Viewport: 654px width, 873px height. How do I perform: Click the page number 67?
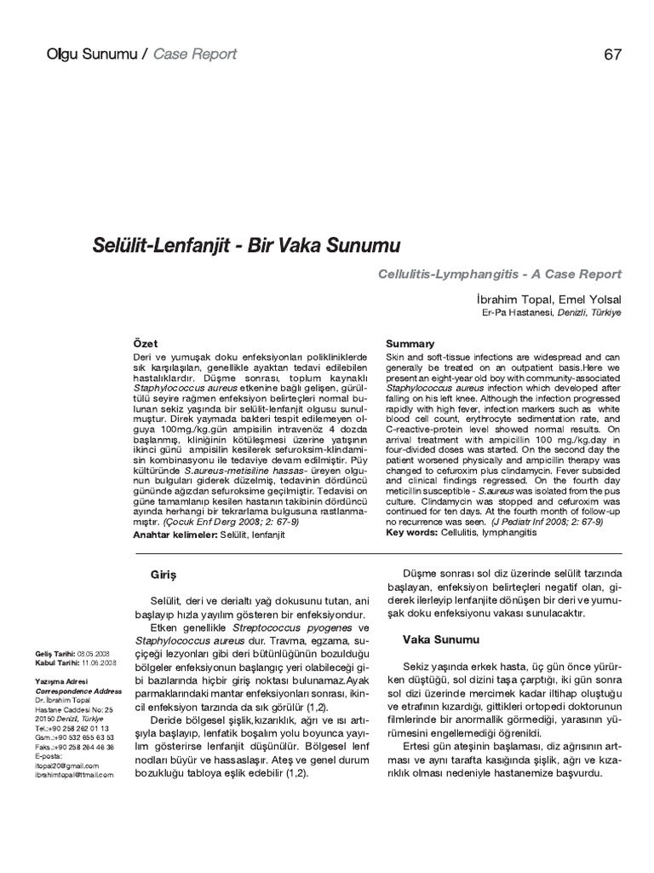click(612, 55)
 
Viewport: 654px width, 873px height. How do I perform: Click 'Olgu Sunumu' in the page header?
click(88, 55)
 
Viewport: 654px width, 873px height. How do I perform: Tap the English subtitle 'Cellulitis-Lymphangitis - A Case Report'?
click(500, 274)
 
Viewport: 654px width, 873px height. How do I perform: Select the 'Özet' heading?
click(146, 343)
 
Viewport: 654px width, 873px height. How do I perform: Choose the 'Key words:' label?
click(412, 531)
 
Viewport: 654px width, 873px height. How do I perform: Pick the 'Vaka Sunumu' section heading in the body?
click(440, 639)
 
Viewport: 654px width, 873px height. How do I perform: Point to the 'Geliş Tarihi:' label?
click(54, 653)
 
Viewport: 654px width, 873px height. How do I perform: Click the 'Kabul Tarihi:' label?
click(56, 662)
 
